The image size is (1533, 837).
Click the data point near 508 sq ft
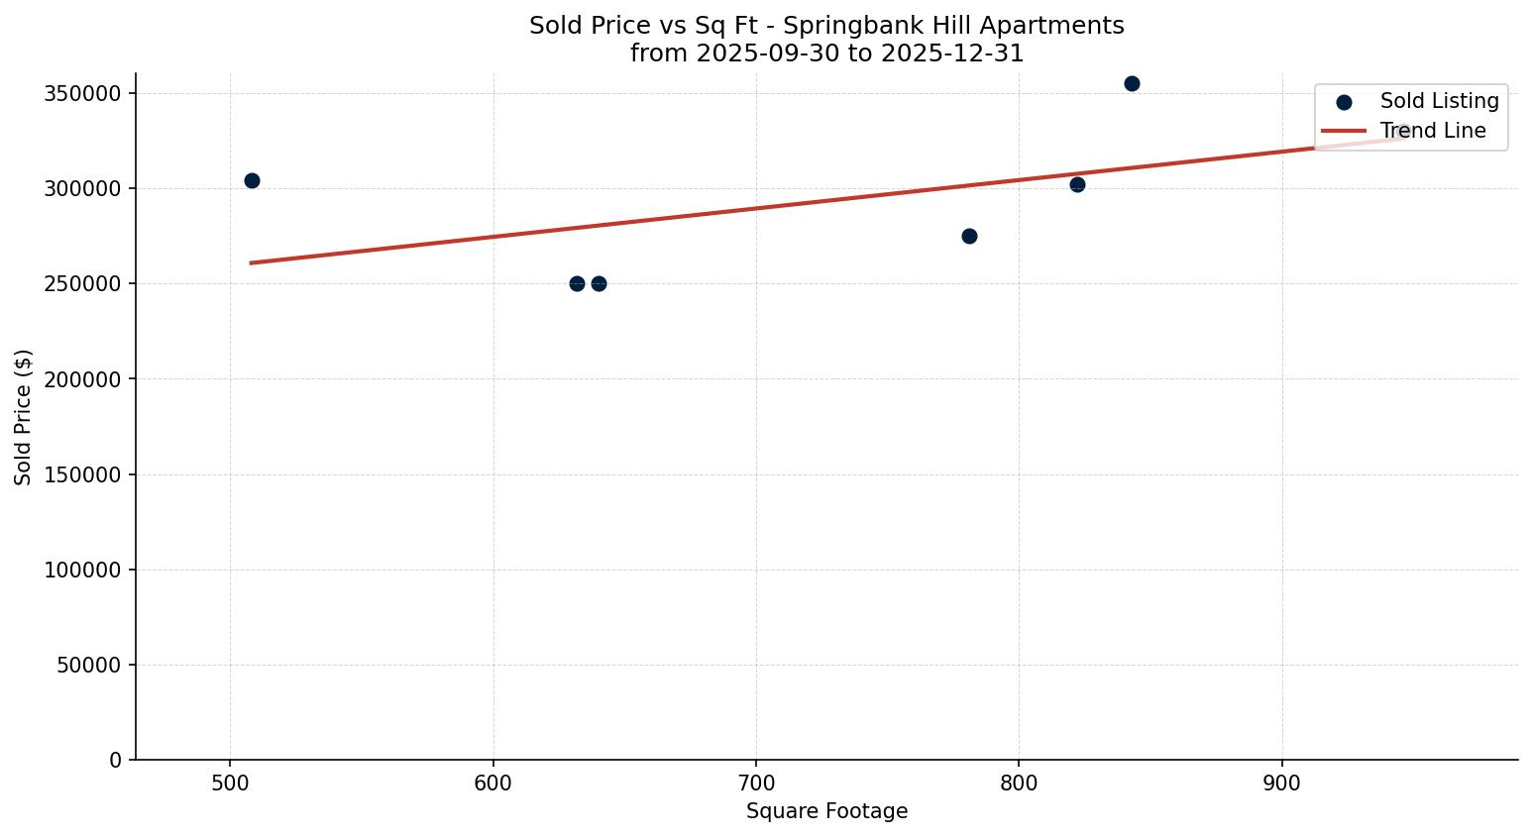[252, 180]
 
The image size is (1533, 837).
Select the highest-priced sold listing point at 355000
[1132, 83]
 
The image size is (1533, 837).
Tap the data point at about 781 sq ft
[969, 236]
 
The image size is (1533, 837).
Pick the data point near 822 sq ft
[1077, 184]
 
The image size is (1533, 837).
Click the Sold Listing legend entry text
[1439, 101]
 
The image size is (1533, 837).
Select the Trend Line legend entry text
[1433, 131]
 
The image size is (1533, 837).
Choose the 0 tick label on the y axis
[115, 760]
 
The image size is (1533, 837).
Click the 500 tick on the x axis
[230, 783]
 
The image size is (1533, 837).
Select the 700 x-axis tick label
[756, 783]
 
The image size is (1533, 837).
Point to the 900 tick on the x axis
[1282, 783]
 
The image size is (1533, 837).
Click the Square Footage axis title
[826, 811]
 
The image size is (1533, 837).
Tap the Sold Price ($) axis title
[23, 417]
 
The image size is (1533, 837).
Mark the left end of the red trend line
[251, 262]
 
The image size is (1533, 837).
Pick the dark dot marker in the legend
[1344, 102]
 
